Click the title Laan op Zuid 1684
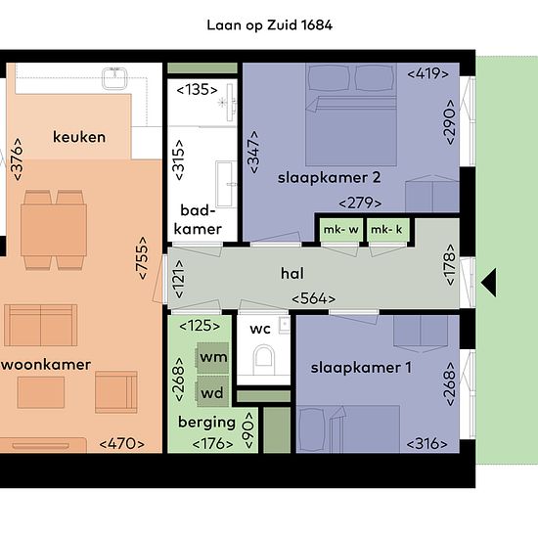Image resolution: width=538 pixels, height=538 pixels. pos(269,25)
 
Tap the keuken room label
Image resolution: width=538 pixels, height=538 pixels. pos(79,137)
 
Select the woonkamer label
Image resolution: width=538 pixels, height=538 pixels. pos(46,365)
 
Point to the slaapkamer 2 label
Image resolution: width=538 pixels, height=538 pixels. pos(329,178)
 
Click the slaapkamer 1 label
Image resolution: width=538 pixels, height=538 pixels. pos(361,368)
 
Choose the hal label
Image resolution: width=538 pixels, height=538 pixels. pos(292,274)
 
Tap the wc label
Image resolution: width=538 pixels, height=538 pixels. pos(260,329)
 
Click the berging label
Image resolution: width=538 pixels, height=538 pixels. pos(207,423)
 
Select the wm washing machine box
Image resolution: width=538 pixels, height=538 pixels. pos(212,357)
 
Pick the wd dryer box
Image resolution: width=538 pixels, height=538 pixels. pos(212,392)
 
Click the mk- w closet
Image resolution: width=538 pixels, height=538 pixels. pos(341,230)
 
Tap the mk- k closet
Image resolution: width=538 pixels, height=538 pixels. pos(387,230)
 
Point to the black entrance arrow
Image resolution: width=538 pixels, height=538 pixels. pos(488,283)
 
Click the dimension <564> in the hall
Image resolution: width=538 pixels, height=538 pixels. pos(314,299)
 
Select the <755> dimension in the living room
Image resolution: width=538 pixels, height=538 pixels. pos(142,258)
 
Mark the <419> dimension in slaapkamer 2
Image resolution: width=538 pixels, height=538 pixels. pos(427,73)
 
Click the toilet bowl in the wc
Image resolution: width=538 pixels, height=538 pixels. pos(263,360)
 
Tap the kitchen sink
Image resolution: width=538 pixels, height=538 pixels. pos(114,78)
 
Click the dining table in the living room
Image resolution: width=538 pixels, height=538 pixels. pos(54,230)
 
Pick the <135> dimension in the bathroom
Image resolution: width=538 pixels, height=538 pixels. pos(197,90)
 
